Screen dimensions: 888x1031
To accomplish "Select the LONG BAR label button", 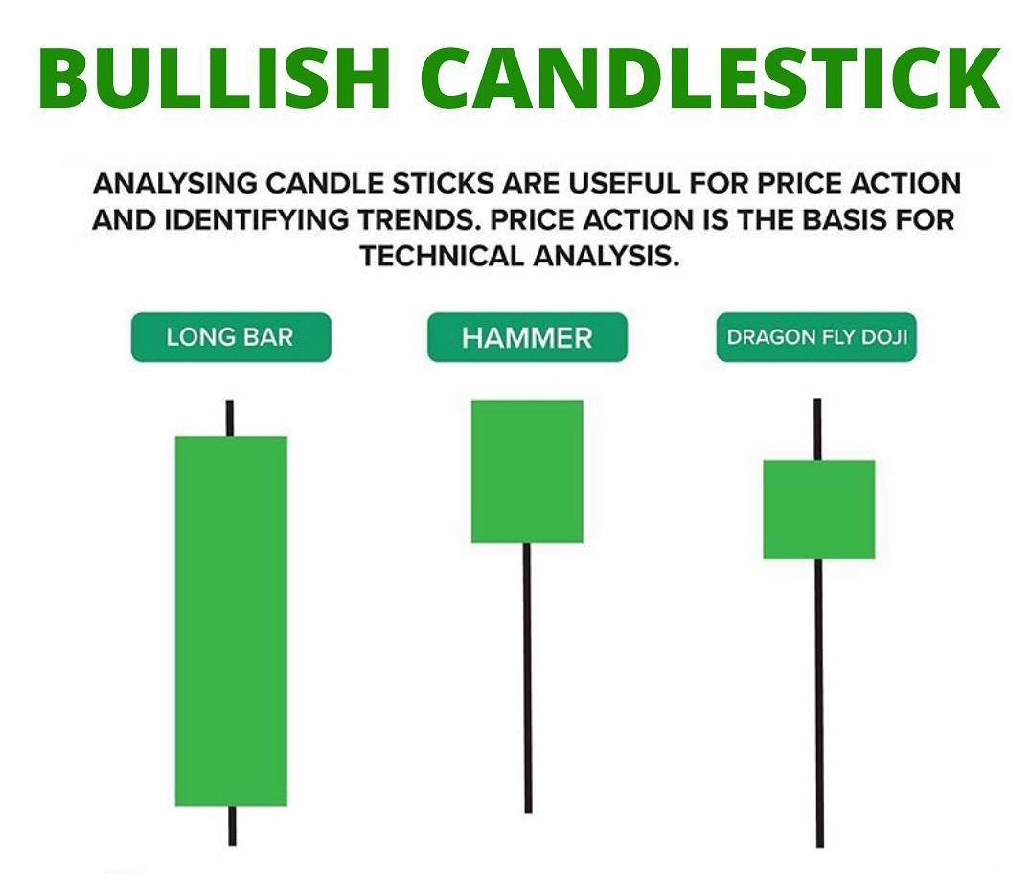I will point(230,337).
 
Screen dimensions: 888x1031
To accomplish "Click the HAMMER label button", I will point(527,337).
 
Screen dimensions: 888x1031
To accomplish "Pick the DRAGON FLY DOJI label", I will point(816,337).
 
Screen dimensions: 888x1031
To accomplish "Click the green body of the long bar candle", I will point(231,621).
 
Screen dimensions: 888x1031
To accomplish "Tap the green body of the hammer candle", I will point(527,471).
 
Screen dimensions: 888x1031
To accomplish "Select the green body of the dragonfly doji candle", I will point(818,509).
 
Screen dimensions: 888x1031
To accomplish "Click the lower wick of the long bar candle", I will point(231,825).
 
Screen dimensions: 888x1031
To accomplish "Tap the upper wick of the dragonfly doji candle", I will point(817,429).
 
